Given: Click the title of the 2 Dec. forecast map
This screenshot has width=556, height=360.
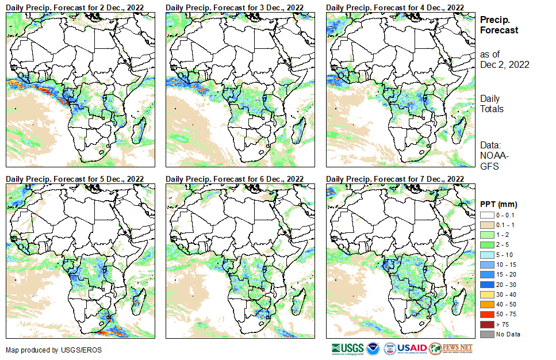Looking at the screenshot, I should click(75, 7).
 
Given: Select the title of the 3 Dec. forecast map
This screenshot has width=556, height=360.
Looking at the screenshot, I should click(235, 7).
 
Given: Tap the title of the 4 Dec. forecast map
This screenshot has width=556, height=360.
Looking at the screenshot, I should click(395, 7).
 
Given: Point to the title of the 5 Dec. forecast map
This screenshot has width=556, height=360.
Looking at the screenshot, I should click(75, 179).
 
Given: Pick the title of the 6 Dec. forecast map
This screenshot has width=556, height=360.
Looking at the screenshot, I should click(235, 179).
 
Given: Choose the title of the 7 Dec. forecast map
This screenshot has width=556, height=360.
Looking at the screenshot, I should click(395, 179).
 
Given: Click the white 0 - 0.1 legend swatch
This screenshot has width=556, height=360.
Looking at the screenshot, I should click(486, 215).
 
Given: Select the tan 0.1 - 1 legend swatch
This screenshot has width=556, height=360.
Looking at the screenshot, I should click(486, 225).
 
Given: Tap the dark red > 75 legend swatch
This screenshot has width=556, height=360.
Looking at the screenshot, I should click(486, 324).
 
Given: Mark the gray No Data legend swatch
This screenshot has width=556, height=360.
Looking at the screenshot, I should click(486, 334).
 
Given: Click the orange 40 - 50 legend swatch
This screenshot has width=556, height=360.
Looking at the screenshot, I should click(486, 304).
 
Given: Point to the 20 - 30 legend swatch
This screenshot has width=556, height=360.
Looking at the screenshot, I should click(486, 284).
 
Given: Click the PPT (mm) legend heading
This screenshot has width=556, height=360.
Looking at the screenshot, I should click(499, 204).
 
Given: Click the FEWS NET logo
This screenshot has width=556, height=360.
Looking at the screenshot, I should click(451, 348).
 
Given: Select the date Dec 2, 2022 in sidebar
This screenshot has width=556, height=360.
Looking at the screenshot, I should click(504, 64).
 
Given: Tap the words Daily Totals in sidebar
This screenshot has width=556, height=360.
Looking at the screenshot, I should click(492, 104).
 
